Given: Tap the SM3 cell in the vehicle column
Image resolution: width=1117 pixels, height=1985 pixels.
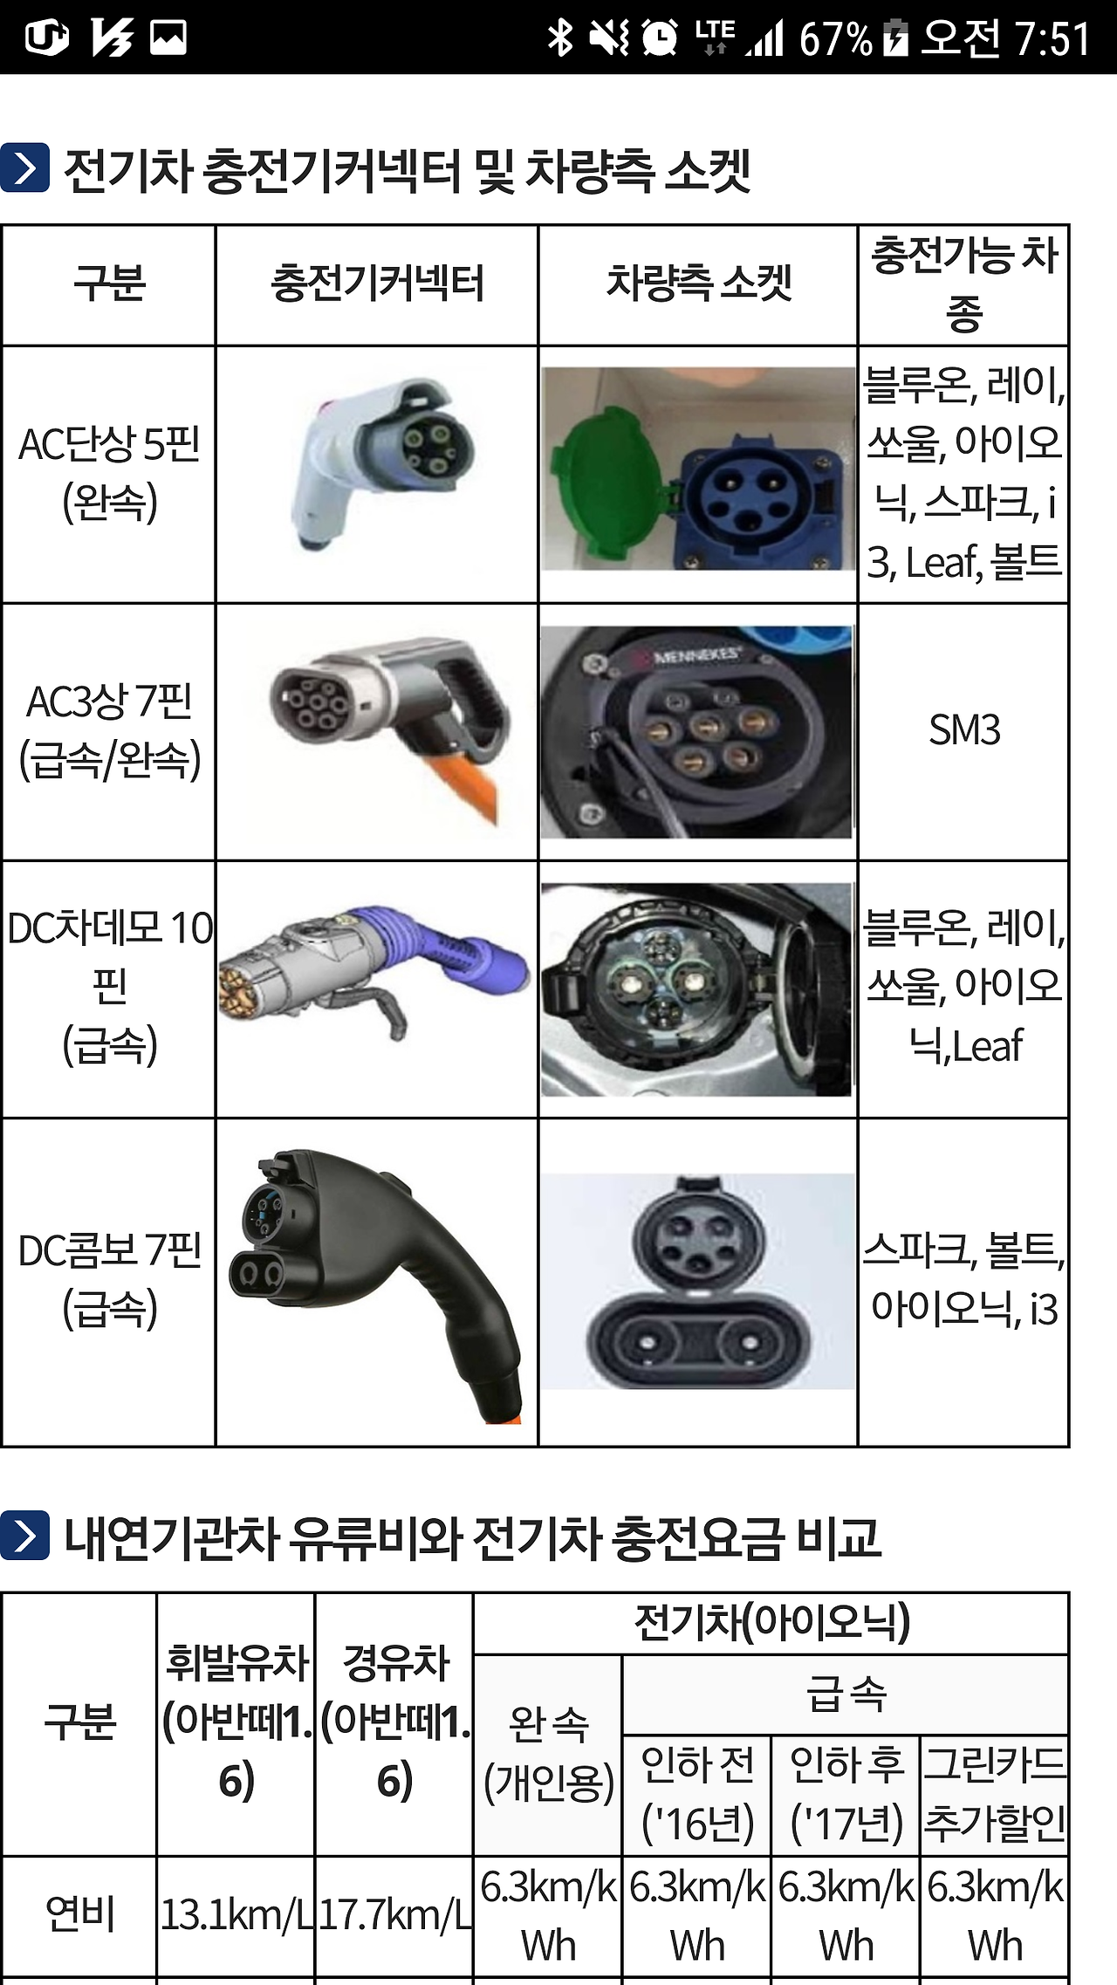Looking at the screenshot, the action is pyautogui.click(x=963, y=730).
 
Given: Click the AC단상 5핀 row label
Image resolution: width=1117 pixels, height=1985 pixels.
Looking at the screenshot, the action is pyautogui.click(x=109, y=474).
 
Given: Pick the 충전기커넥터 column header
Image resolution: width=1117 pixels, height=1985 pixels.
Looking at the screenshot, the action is pyautogui.click(x=377, y=284).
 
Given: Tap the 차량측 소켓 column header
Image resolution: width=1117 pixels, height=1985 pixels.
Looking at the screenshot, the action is pyautogui.click(x=699, y=284).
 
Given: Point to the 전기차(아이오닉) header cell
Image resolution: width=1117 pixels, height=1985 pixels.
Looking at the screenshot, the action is pyautogui.click(x=771, y=1624).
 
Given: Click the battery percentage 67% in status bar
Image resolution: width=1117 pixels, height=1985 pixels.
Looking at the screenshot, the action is pyautogui.click(x=835, y=38).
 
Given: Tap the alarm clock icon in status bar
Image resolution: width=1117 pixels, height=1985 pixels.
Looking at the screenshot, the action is pyautogui.click(x=660, y=38).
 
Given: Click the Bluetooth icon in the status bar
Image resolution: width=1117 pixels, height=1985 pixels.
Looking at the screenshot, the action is pyautogui.click(x=559, y=38).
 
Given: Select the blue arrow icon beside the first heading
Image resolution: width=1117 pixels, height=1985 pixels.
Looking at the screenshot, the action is pyautogui.click(x=24, y=168).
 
